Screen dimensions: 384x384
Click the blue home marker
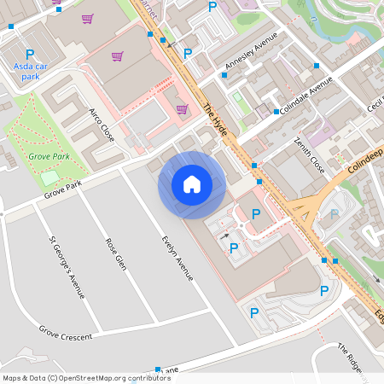pyautogui.click(x=192, y=184)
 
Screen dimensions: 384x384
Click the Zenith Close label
pyautogui.click(x=309, y=153)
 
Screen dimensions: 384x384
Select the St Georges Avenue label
pyautogui.click(x=67, y=267)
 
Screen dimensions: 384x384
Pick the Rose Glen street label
pyautogui.click(x=115, y=253)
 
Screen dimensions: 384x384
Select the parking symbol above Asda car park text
pyautogui.click(x=30, y=54)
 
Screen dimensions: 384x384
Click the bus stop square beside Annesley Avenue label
pyautogui.click(x=224, y=75)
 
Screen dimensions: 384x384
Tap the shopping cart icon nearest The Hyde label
pyautogui.click(x=182, y=108)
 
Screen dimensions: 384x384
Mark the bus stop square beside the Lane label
pyautogui.click(x=158, y=370)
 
